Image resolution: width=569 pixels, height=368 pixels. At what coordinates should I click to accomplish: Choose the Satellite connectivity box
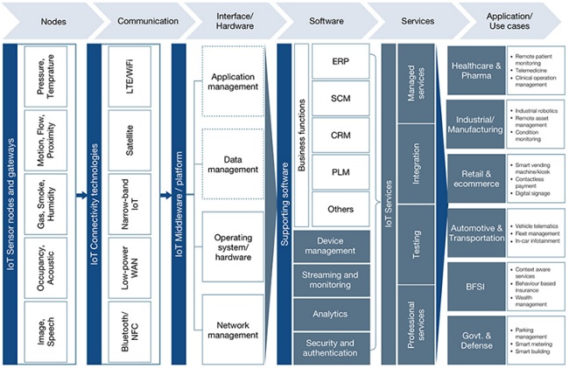click(129, 141)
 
